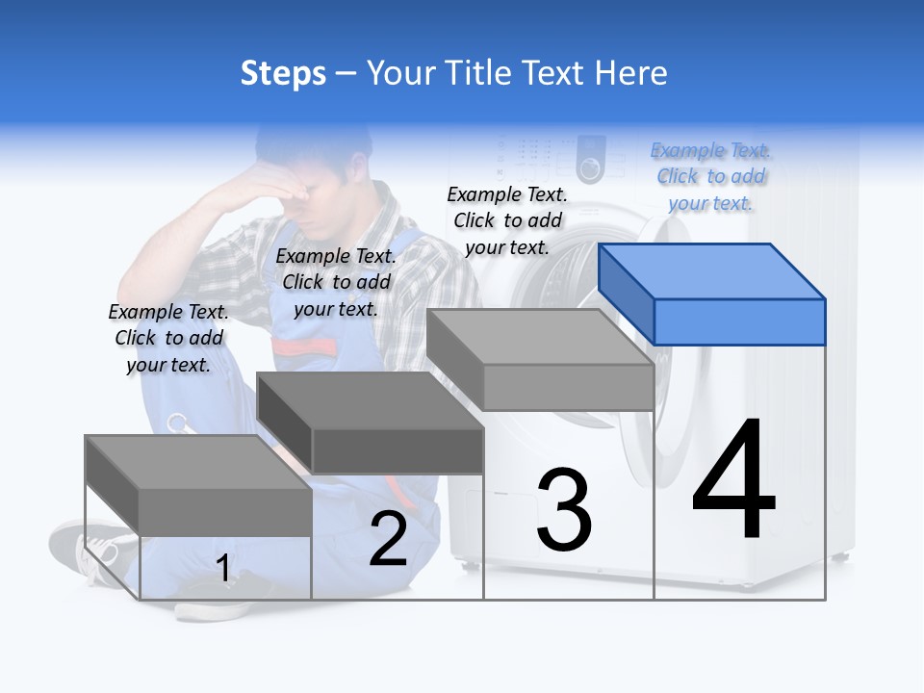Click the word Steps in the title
pos(283,73)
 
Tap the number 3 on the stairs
pos(564,510)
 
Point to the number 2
pos(388,539)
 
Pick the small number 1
pos(223,569)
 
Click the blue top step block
pos(712,294)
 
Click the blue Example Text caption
pos(710,176)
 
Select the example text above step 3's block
pos(507,220)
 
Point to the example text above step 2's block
pos(336,282)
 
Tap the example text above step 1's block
pos(168,338)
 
